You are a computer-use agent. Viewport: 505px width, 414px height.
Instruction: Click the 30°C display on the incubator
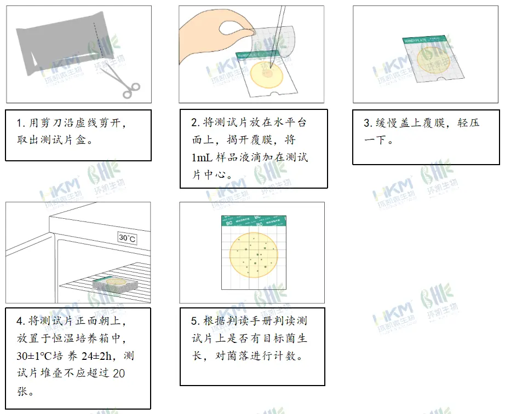pos(127,238)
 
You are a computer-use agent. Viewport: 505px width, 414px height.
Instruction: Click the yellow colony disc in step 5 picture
pos(253,255)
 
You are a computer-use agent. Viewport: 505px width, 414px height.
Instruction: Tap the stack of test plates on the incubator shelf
pos(112,283)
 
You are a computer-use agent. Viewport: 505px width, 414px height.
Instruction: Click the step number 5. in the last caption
pos(195,321)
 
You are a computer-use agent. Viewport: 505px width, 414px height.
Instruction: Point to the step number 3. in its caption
pos(368,123)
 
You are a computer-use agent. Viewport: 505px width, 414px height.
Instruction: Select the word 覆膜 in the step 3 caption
pos(434,123)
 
